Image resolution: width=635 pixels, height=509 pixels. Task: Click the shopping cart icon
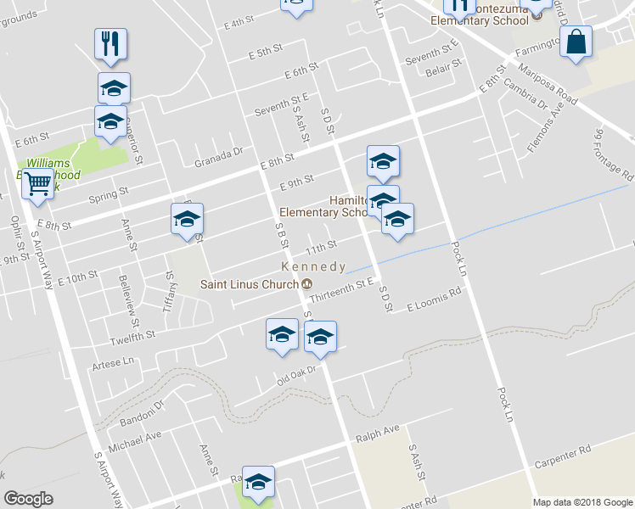tap(37, 182)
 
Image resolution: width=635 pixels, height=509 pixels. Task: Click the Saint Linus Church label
tap(250, 284)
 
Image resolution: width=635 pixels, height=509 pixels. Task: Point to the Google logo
tap(28, 498)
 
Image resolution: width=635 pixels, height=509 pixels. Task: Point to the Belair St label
tap(445, 65)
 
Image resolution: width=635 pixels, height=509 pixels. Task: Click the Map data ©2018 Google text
tap(582, 502)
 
